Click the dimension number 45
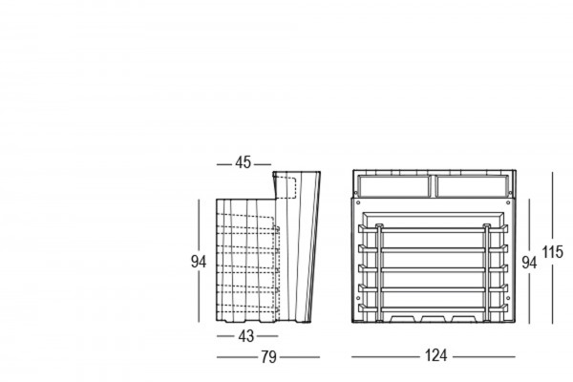click(x=243, y=163)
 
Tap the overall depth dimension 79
click(x=268, y=357)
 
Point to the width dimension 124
click(x=435, y=357)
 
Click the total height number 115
click(x=553, y=253)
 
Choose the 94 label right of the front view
click(x=528, y=263)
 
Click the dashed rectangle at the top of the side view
click(x=289, y=185)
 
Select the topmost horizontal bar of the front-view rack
click(x=435, y=231)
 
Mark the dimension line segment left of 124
click(x=382, y=357)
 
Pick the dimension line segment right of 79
click(x=300, y=357)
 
